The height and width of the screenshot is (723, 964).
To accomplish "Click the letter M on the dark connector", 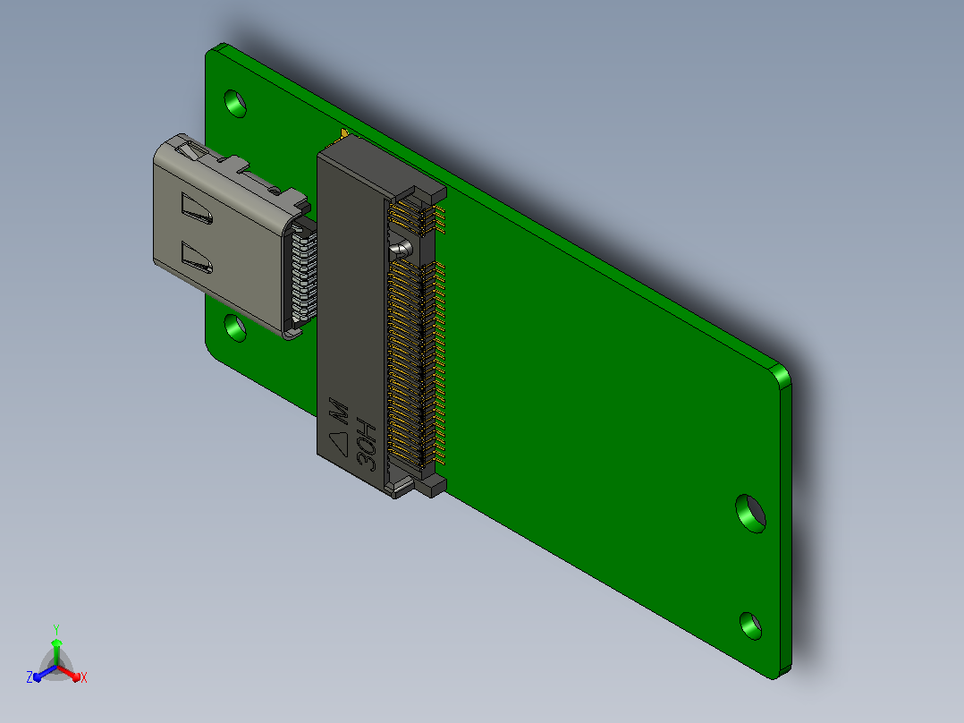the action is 340,411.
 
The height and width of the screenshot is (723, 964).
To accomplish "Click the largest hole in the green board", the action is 750,514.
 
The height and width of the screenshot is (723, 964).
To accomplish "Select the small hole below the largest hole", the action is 750,625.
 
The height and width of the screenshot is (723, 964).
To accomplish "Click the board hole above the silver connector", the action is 235,104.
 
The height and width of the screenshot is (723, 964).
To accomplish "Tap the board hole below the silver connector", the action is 235,328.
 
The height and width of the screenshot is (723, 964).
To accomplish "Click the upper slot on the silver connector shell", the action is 197,208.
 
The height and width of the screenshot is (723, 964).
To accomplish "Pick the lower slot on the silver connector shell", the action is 197,257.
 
